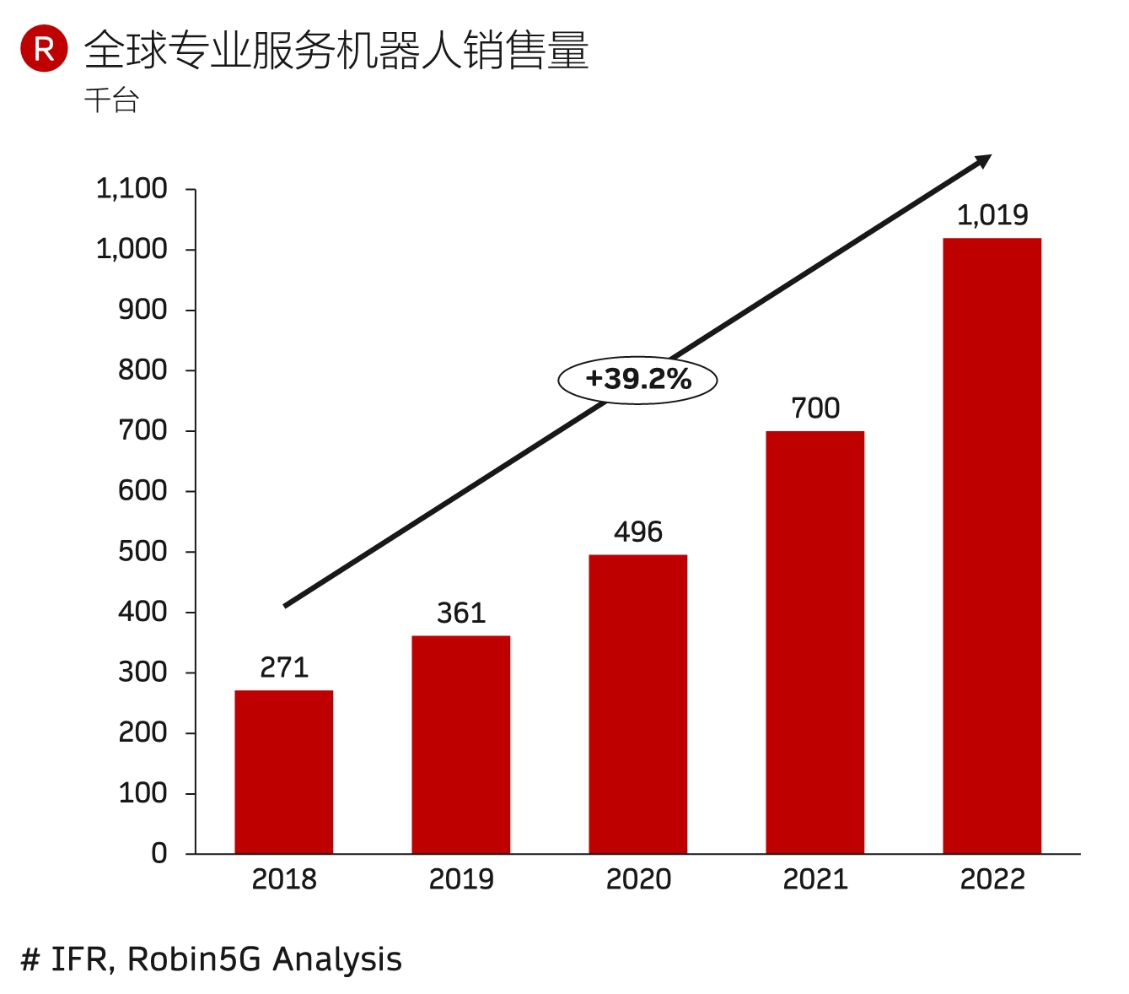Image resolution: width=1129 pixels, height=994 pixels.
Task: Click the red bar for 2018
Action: (283, 772)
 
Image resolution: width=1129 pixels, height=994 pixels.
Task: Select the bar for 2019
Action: (460, 744)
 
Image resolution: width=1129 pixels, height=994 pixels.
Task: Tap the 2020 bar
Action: (637, 704)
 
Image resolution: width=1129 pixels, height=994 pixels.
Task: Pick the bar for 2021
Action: (814, 642)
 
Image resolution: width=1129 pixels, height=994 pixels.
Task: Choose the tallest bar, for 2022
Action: (992, 546)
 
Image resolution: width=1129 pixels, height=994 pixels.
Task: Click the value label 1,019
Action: (992, 215)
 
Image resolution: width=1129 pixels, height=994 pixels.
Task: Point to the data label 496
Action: (637, 532)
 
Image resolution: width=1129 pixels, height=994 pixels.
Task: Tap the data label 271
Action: (284, 667)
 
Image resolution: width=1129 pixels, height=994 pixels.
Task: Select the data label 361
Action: (461, 613)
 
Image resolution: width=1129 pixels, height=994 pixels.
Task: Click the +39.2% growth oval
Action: (637, 380)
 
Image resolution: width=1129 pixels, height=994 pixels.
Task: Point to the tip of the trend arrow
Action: (990, 157)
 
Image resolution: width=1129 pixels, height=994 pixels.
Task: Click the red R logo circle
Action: (44, 49)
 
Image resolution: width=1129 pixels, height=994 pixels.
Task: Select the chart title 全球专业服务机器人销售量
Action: (336, 51)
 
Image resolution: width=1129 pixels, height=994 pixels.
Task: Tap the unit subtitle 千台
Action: (111, 101)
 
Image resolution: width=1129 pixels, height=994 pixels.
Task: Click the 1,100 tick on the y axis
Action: (132, 189)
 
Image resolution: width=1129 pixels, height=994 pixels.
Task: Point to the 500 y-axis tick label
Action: (142, 551)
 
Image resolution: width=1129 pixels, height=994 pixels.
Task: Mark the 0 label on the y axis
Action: (159, 853)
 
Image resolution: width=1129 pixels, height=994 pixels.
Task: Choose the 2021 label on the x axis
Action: (814, 879)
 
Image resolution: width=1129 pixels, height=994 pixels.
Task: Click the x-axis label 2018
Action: (284, 879)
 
